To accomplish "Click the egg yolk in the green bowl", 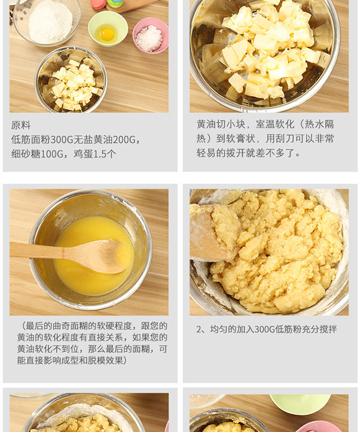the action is tap(107, 34).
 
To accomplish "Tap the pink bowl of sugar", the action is tap(150, 35).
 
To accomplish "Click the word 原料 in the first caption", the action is tap(21, 125).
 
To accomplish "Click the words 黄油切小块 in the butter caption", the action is tap(221, 124).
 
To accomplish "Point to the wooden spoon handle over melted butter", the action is tap(44, 250).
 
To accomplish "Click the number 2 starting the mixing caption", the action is tap(199, 329).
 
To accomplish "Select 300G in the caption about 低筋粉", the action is tap(265, 329).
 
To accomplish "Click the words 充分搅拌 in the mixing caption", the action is tap(319, 329).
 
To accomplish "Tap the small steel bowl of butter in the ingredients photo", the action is tap(71, 79).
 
